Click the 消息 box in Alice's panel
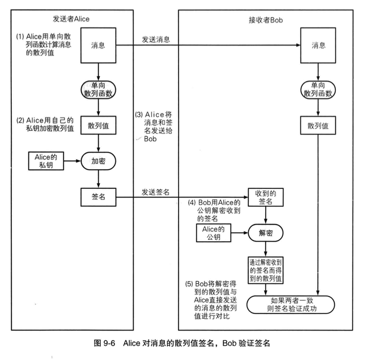click(x=99, y=45)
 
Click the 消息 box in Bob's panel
click(x=318, y=45)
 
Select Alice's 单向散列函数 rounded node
click(x=99, y=89)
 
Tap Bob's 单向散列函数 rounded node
click(x=318, y=89)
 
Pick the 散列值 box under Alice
click(x=99, y=125)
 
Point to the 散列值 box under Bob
click(x=318, y=125)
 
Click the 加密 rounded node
click(x=99, y=160)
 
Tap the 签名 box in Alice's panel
click(x=99, y=197)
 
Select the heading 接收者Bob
click(x=266, y=20)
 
